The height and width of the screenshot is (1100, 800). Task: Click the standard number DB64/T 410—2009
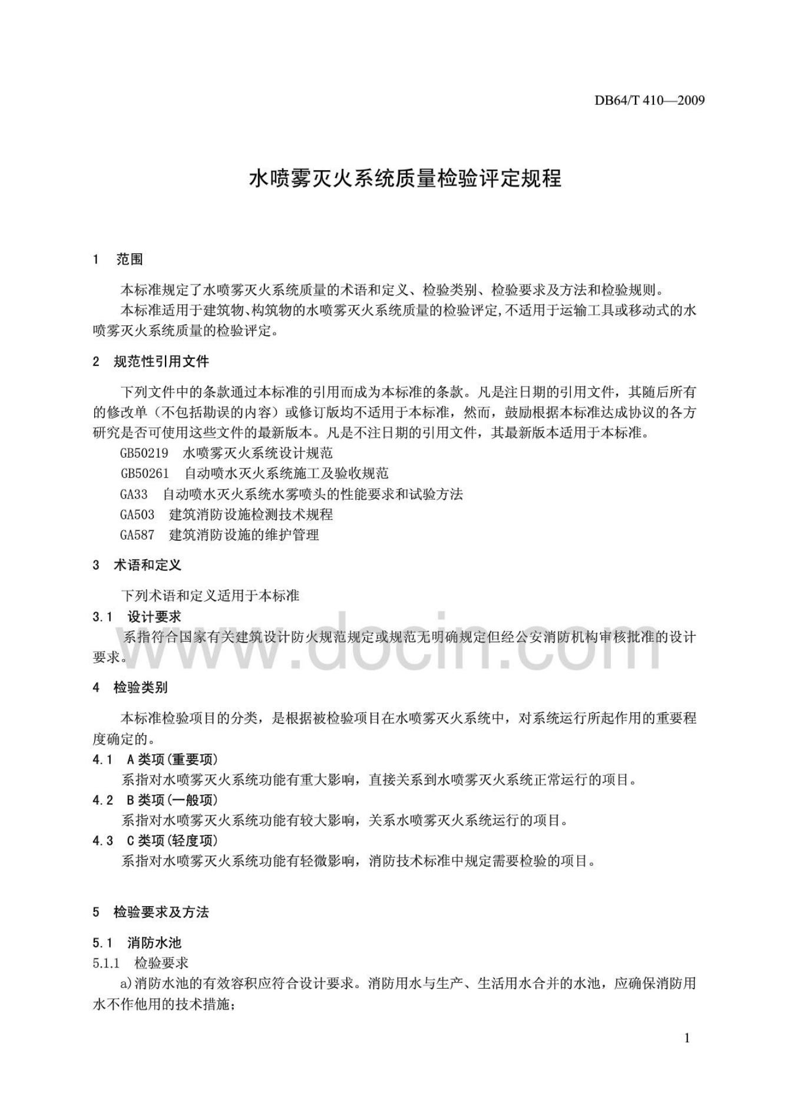pos(649,100)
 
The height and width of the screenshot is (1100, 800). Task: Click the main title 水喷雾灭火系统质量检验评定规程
pos(405,179)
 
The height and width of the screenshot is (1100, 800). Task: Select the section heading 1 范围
pos(118,259)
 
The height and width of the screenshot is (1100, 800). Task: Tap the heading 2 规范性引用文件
pos(150,362)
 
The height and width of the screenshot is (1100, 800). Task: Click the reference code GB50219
pos(144,453)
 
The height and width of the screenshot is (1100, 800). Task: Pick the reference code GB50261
pos(145,473)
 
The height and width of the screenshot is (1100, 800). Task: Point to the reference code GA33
pos(134,494)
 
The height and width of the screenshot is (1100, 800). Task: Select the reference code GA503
pos(137,514)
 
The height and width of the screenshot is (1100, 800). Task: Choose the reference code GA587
pos(137,535)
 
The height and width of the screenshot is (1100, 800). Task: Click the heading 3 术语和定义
pos(137,566)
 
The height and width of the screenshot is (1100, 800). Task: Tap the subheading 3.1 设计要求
pos(137,617)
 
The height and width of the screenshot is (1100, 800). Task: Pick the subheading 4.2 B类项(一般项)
pos(155,800)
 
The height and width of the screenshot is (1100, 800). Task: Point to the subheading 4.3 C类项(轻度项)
pos(155,841)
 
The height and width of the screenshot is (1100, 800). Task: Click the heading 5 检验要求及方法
pos(150,913)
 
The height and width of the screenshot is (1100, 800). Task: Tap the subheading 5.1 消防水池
pos(137,943)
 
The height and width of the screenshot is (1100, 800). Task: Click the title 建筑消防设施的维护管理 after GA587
pos(244,535)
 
